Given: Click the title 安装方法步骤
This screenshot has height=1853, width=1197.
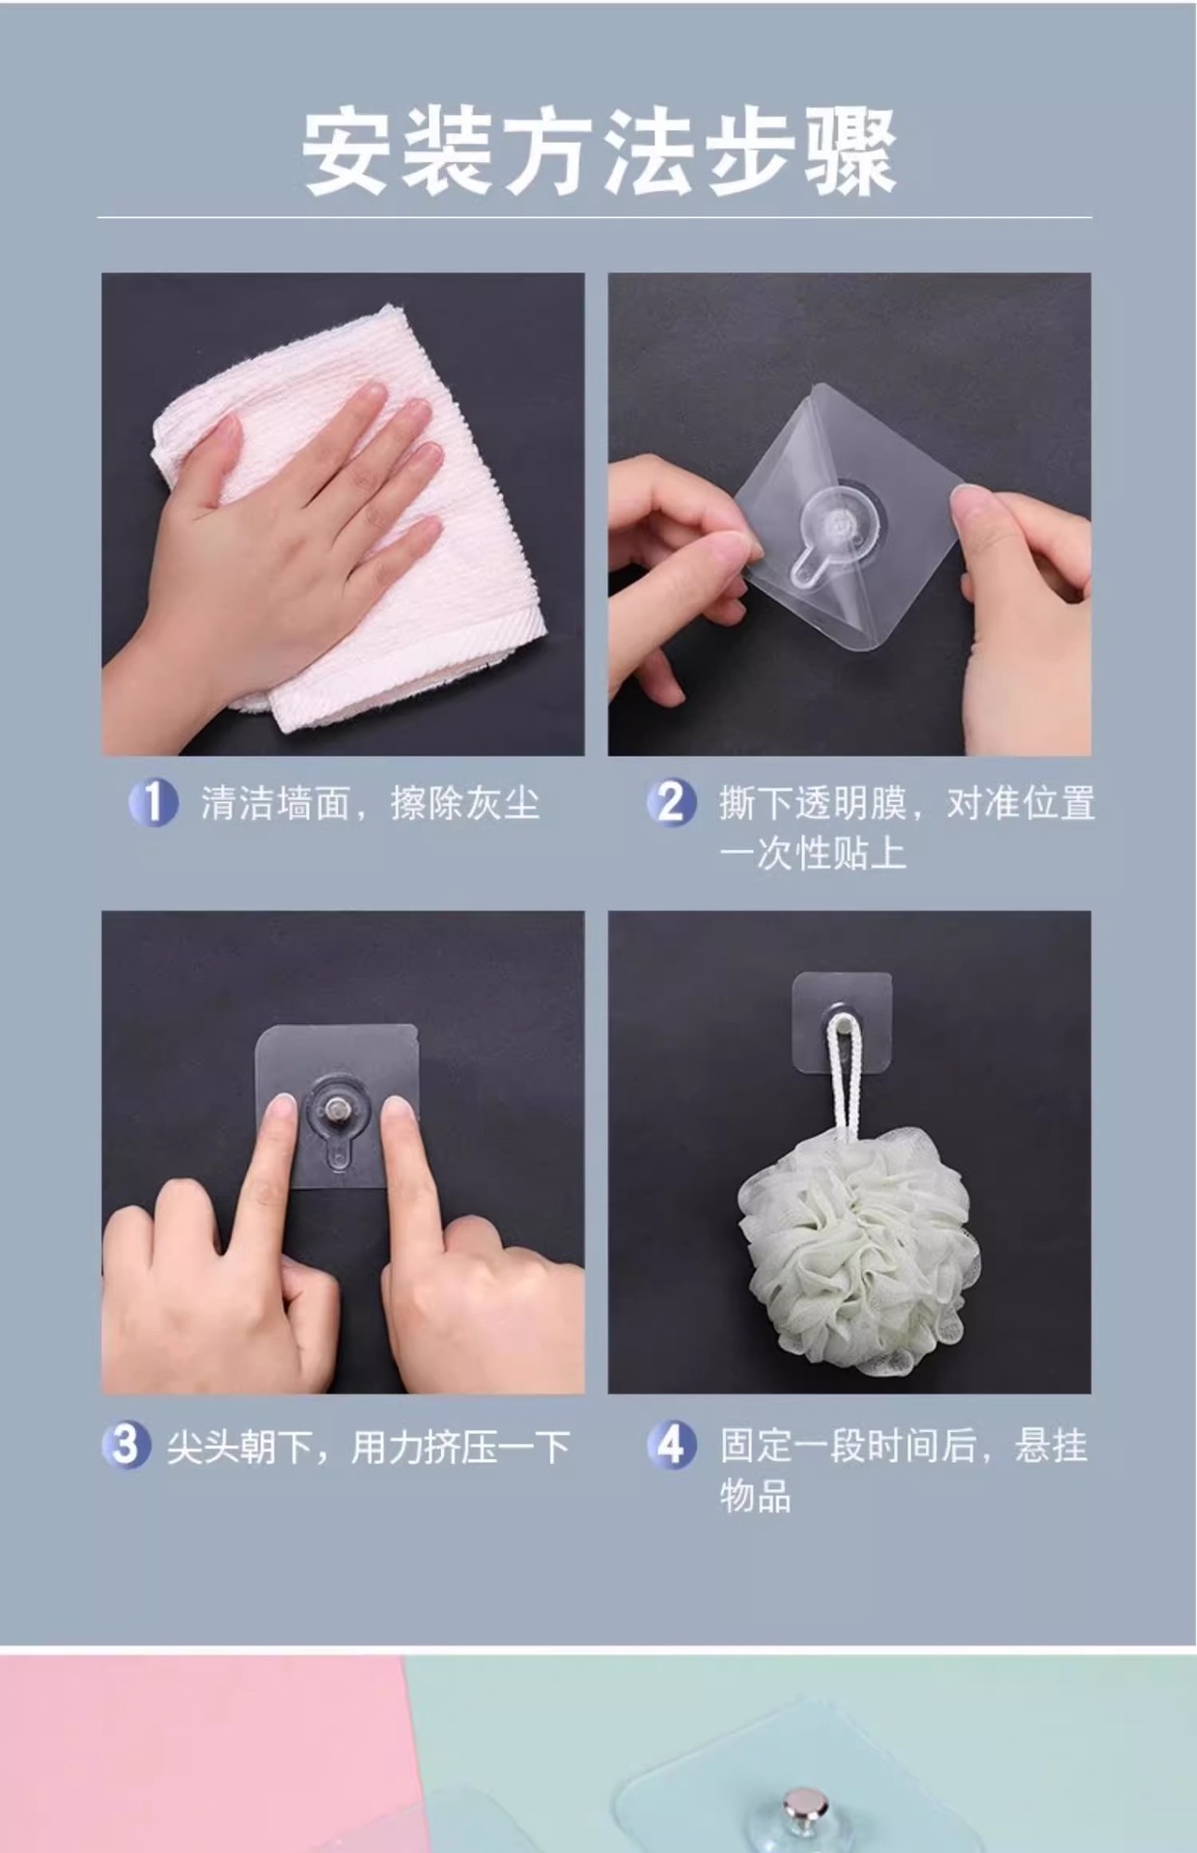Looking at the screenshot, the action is coord(598,153).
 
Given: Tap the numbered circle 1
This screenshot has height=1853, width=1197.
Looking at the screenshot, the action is coord(153,803).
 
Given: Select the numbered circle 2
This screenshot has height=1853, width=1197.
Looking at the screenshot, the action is coord(671,803).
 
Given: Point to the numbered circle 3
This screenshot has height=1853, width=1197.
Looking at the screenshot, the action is coord(126,1446).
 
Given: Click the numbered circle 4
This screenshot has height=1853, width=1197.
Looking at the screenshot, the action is coord(671,1446).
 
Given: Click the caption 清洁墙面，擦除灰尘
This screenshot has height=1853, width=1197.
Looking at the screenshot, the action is coord(370,803).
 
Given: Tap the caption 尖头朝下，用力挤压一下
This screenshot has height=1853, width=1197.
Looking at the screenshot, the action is coord(369,1447).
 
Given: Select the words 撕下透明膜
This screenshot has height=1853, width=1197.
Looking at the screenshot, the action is coord(812,803).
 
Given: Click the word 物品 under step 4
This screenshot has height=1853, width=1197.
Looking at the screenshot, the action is coord(756,1496).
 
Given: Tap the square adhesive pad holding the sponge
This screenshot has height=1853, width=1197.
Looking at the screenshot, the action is coord(842,1023).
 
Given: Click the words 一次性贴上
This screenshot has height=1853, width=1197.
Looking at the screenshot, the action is coord(812,853).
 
